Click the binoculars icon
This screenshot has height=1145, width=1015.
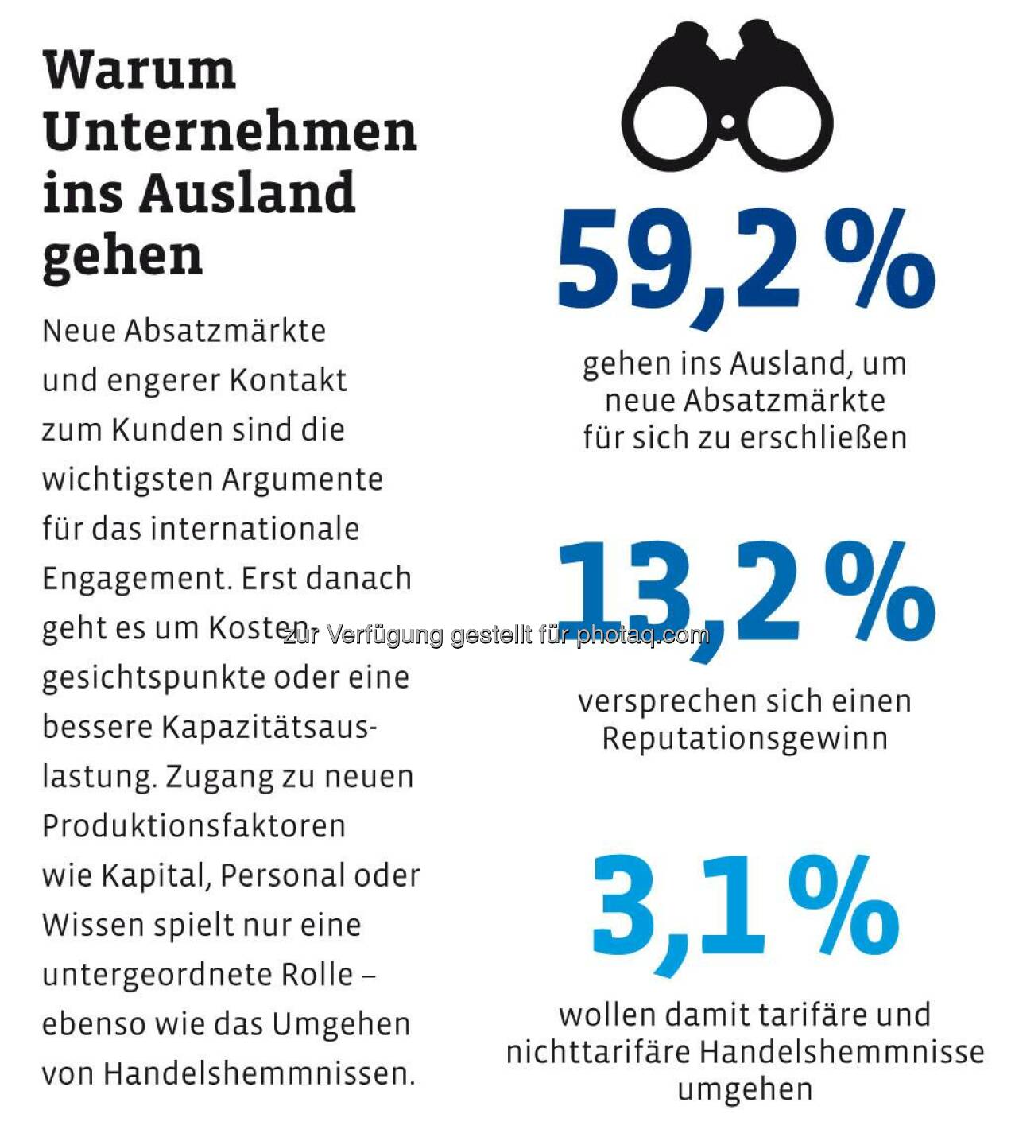click(726, 95)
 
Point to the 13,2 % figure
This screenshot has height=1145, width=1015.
click(745, 592)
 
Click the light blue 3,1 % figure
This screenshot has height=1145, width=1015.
click(745, 906)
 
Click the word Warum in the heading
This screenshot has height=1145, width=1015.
click(139, 70)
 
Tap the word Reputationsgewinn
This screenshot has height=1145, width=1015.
click(745, 739)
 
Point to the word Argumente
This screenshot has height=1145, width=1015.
click(302, 479)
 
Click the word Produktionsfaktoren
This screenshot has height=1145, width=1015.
click(194, 826)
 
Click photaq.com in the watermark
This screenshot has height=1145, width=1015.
click(642, 635)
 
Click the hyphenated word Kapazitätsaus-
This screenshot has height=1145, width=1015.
click(270, 727)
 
